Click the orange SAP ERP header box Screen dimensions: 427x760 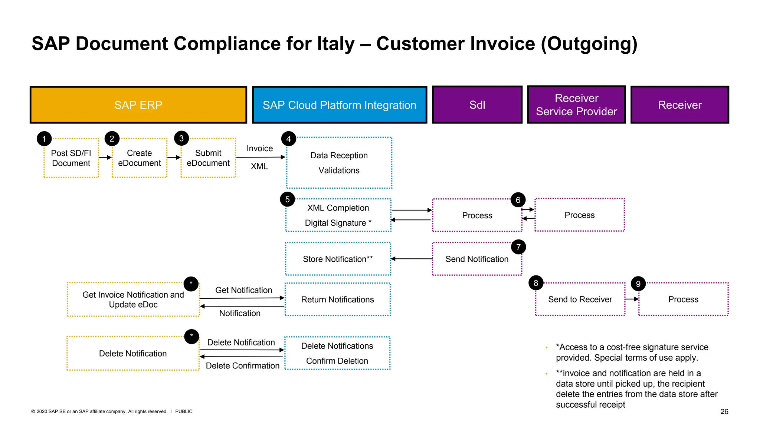(x=138, y=105)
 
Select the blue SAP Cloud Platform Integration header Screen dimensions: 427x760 (x=339, y=105)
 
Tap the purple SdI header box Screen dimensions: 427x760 (x=477, y=105)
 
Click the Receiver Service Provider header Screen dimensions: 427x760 (x=576, y=105)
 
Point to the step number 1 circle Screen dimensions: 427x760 (x=44, y=139)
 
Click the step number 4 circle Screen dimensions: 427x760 (x=288, y=139)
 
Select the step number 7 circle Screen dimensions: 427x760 (x=518, y=247)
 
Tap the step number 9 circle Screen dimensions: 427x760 (x=638, y=284)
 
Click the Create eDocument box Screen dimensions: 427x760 (x=140, y=158)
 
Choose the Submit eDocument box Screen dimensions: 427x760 (x=208, y=158)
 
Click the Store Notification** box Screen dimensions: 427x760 (x=338, y=259)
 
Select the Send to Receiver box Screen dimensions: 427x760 (x=580, y=299)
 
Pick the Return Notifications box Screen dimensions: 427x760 (x=337, y=299)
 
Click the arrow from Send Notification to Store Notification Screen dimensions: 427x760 (x=412, y=259)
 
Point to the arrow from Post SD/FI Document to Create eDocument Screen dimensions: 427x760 (x=105, y=158)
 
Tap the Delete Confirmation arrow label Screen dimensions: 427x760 (x=243, y=366)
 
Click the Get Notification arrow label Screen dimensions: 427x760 (x=243, y=290)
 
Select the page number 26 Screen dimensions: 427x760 (x=724, y=411)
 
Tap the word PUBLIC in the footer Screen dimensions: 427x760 (x=184, y=411)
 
